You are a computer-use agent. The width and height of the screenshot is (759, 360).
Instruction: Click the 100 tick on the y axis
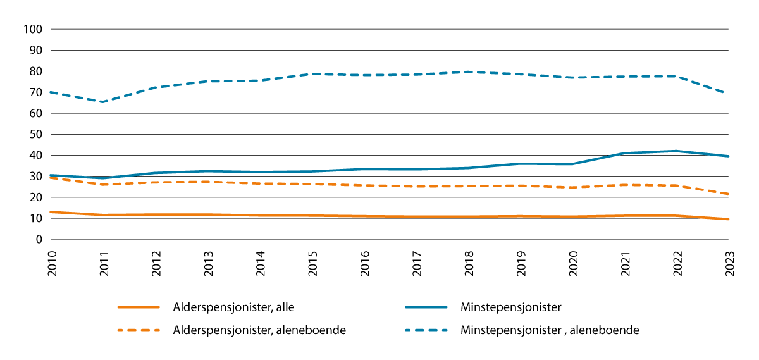[32, 29]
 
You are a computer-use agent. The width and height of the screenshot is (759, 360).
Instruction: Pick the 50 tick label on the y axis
[35, 134]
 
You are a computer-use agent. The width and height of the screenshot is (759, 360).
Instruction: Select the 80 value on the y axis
[35, 71]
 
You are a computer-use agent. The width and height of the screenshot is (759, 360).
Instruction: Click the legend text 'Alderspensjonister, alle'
[234, 307]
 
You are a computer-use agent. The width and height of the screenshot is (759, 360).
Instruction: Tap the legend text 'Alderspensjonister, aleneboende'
[259, 330]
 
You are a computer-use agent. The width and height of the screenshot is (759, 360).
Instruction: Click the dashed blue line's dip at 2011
[103, 102]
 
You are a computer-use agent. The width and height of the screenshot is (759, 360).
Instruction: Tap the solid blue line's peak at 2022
[676, 151]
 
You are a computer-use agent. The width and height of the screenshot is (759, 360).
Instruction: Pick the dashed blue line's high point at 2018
[468, 72]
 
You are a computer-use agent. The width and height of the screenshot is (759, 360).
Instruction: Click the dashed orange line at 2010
[52, 178]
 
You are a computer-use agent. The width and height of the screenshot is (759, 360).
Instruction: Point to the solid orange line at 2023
[727, 219]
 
